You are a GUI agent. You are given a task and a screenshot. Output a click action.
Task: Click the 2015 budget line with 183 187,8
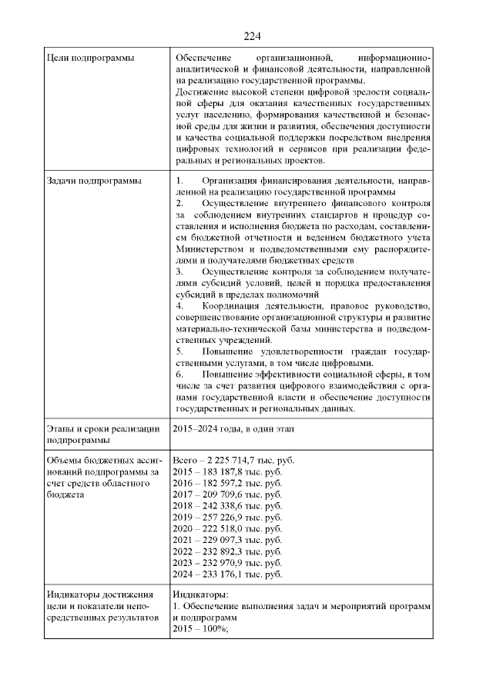click(228, 471)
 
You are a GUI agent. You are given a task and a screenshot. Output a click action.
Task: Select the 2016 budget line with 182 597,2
click(228, 483)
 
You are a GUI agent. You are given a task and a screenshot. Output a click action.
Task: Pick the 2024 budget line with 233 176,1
click(228, 574)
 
